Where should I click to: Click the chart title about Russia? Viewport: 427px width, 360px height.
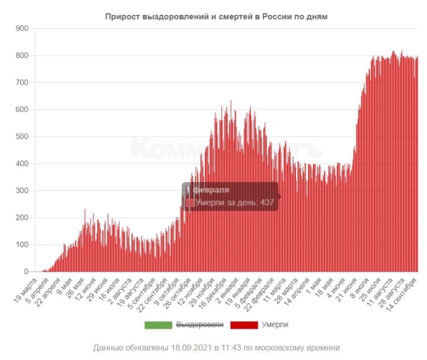coord(216,17)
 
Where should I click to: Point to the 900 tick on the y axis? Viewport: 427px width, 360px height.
coord(22,28)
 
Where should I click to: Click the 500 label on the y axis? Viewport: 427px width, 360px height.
coord(22,136)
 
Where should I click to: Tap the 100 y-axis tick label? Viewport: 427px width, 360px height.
coord(22,245)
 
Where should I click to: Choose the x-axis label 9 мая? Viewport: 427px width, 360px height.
coord(64,284)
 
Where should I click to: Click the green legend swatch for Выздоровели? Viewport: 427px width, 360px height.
coord(158,325)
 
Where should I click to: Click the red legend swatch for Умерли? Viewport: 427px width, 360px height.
coord(244,325)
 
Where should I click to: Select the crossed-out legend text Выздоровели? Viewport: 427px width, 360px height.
coord(200,325)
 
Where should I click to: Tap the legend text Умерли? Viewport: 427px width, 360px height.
coord(275,325)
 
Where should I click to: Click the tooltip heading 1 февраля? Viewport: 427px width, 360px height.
coord(208,190)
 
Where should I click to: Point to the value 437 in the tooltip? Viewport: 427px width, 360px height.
coord(267,202)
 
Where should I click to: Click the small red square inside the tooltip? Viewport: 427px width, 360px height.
coord(190,202)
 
